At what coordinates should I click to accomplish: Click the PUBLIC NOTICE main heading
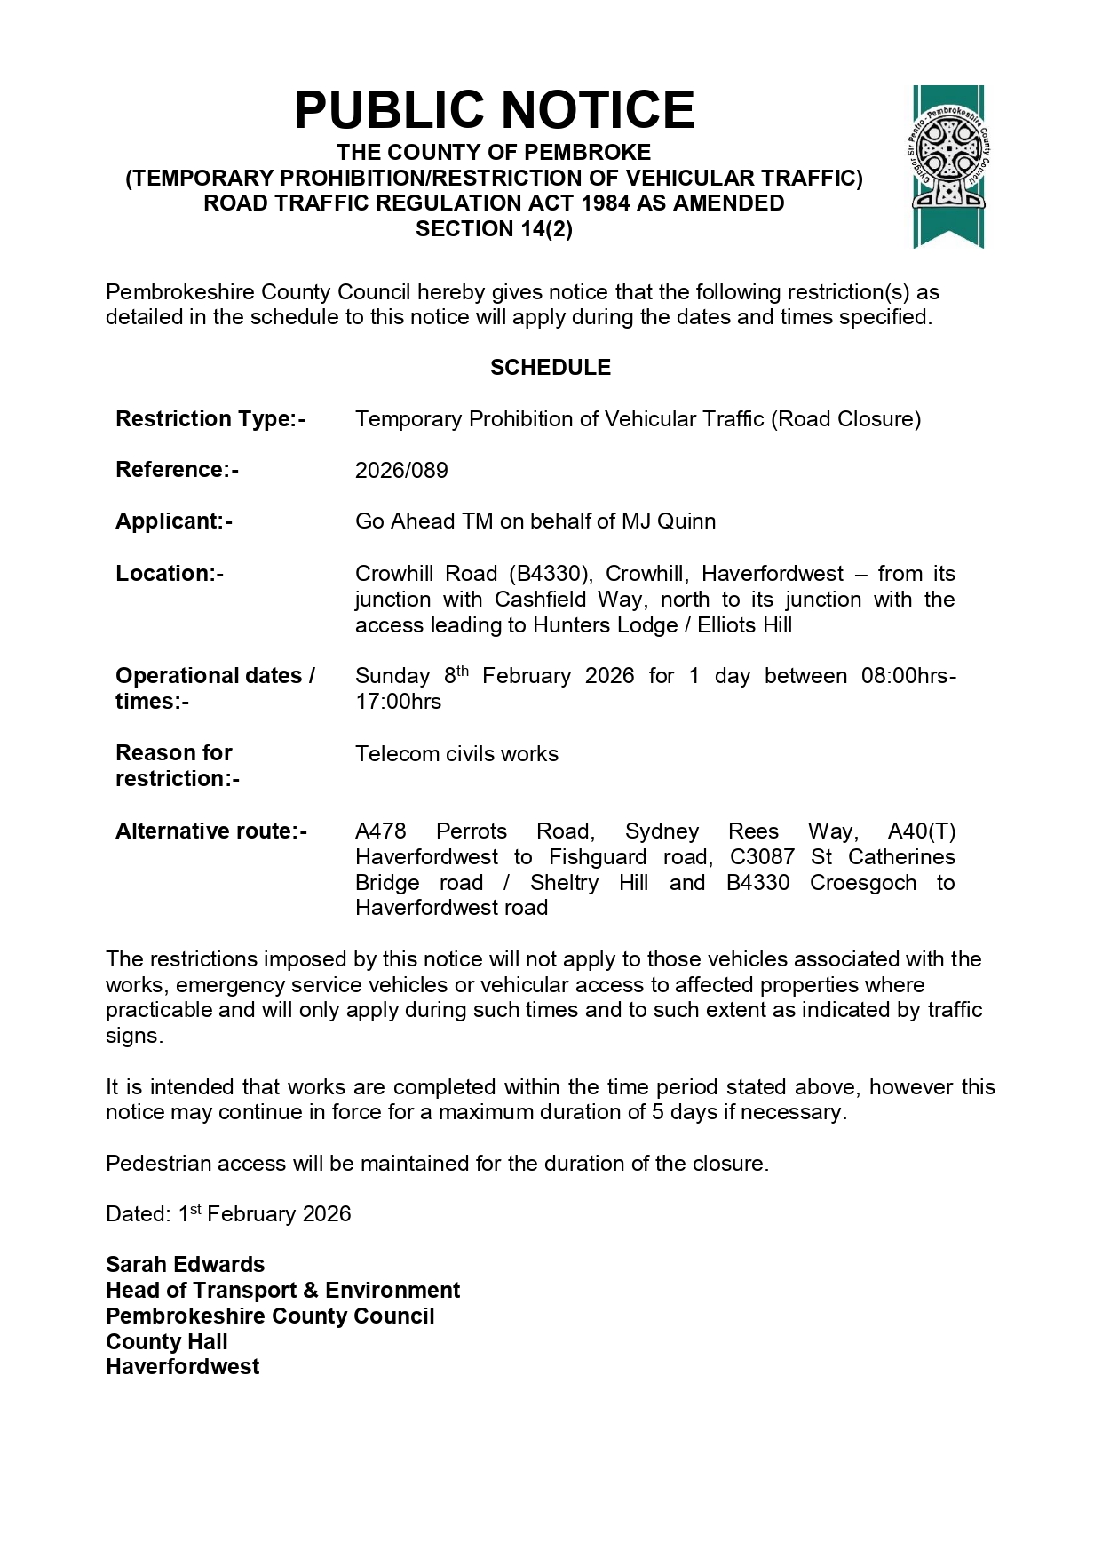tap(494, 110)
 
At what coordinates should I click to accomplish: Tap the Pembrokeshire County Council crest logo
tap(948, 166)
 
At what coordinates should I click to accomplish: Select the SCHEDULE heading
tap(551, 368)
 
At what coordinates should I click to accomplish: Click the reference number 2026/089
tap(401, 471)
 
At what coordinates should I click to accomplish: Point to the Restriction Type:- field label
tap(210, 419)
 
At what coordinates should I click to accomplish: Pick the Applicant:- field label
tap(174, 521)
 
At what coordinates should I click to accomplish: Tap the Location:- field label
tap(170, 574)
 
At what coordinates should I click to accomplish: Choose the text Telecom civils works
tap(456, 754)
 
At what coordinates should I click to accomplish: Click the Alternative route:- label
tap(211, 831)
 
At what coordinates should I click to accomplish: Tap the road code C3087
tap(762, 857)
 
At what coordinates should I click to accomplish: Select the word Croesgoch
tap(863, 883)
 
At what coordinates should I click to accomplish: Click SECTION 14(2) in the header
tap(494, 229)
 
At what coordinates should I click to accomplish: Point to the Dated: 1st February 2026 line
tap(228, 1214)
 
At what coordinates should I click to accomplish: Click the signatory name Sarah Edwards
tap(185, 1265)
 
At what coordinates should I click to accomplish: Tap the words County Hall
tap(167, 1342)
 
